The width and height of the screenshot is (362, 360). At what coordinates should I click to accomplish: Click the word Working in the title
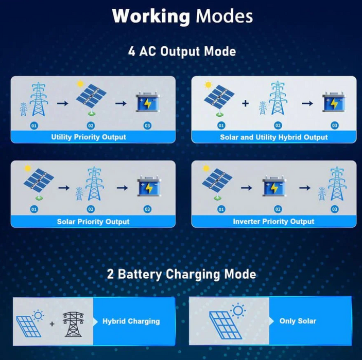151,16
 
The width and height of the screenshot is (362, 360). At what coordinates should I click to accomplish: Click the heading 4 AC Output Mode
182,51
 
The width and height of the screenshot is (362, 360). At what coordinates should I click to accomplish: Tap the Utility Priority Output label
89,137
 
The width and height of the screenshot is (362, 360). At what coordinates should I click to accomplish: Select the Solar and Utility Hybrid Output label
273,137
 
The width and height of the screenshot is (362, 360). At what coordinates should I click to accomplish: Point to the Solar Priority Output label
93,222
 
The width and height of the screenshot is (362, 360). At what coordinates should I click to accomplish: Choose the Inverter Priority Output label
273,221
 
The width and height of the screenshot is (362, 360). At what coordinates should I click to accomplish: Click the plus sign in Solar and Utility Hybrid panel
246,103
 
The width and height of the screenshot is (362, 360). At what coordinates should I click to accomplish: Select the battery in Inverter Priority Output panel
274,187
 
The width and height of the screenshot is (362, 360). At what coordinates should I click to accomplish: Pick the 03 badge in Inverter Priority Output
334,209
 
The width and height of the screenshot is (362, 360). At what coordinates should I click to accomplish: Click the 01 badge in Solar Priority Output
34,209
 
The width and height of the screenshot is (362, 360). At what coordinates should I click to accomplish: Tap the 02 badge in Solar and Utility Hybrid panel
278,125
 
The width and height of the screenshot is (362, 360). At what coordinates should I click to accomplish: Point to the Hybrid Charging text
131,321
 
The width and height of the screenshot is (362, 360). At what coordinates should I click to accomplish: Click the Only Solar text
298,321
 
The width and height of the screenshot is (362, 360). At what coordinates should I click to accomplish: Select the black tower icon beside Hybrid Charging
73,324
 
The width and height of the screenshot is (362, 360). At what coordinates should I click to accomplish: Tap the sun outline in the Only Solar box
238,311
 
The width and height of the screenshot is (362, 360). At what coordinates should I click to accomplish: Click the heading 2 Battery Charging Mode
181,274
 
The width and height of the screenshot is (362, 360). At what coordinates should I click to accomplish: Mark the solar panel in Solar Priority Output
39,183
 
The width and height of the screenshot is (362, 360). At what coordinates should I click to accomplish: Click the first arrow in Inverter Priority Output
247,188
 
